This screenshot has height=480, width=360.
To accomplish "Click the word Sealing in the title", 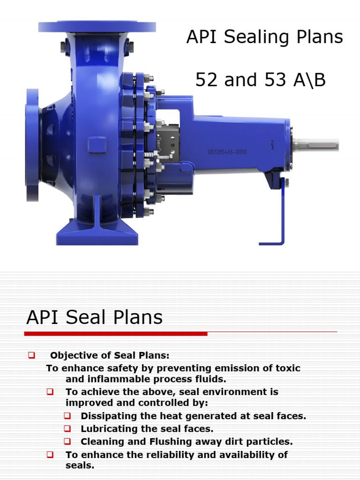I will [264, 37].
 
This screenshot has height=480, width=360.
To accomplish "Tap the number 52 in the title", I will [207, 81].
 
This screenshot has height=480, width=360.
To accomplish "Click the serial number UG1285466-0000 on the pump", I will [227, 152].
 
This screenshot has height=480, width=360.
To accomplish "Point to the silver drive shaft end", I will [316, 145].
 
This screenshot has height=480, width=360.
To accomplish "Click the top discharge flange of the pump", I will [97, 27].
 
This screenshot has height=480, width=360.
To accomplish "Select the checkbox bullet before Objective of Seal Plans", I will [32, 355].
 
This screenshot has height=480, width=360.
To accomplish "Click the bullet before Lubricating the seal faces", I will [67, 428].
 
